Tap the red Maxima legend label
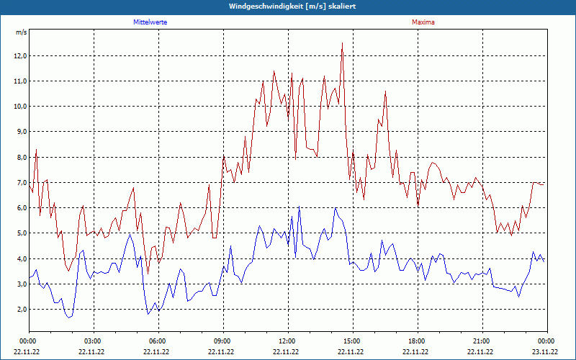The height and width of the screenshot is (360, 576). pos(423,22)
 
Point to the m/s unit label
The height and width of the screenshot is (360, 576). pos(21,33)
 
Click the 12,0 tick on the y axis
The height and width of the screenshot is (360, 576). pos(19,56)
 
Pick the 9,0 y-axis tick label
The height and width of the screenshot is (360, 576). pos(21,132)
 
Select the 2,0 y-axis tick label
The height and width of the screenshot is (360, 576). pos(21,310)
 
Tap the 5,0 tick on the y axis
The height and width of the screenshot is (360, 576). pos(21,233)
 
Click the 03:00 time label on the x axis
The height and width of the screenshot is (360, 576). pos(93,341)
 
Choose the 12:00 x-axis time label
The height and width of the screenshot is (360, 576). pos(287,341)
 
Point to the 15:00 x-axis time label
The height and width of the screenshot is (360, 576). pos(352,341)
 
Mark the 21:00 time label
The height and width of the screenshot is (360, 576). pos(482,341)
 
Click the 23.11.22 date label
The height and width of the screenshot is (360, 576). pos(545,351)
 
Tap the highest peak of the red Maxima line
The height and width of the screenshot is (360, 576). pos(342,43)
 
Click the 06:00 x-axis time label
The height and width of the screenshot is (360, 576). pos(158,341)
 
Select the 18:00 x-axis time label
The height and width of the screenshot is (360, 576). pos(417,341)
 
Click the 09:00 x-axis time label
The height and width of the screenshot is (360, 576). pos(222,341)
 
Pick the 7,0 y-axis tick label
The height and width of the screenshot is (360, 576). pos(21,183)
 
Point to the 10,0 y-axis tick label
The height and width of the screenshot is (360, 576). pos(19,107)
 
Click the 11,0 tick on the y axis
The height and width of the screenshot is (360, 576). pos(19,81)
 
